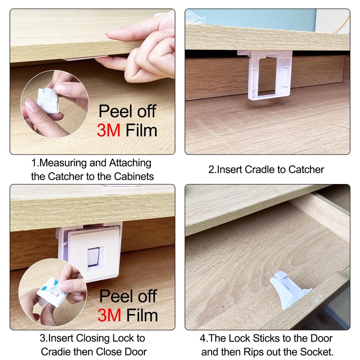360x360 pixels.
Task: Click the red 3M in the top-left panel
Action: [x=109, y=130]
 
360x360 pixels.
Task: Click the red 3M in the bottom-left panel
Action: [x=109, y=315]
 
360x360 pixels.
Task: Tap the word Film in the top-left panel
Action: [x=141, y=130]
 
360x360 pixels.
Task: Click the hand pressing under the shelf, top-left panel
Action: [x=144, y=49]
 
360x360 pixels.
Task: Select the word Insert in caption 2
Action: [x=229, y=170]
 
